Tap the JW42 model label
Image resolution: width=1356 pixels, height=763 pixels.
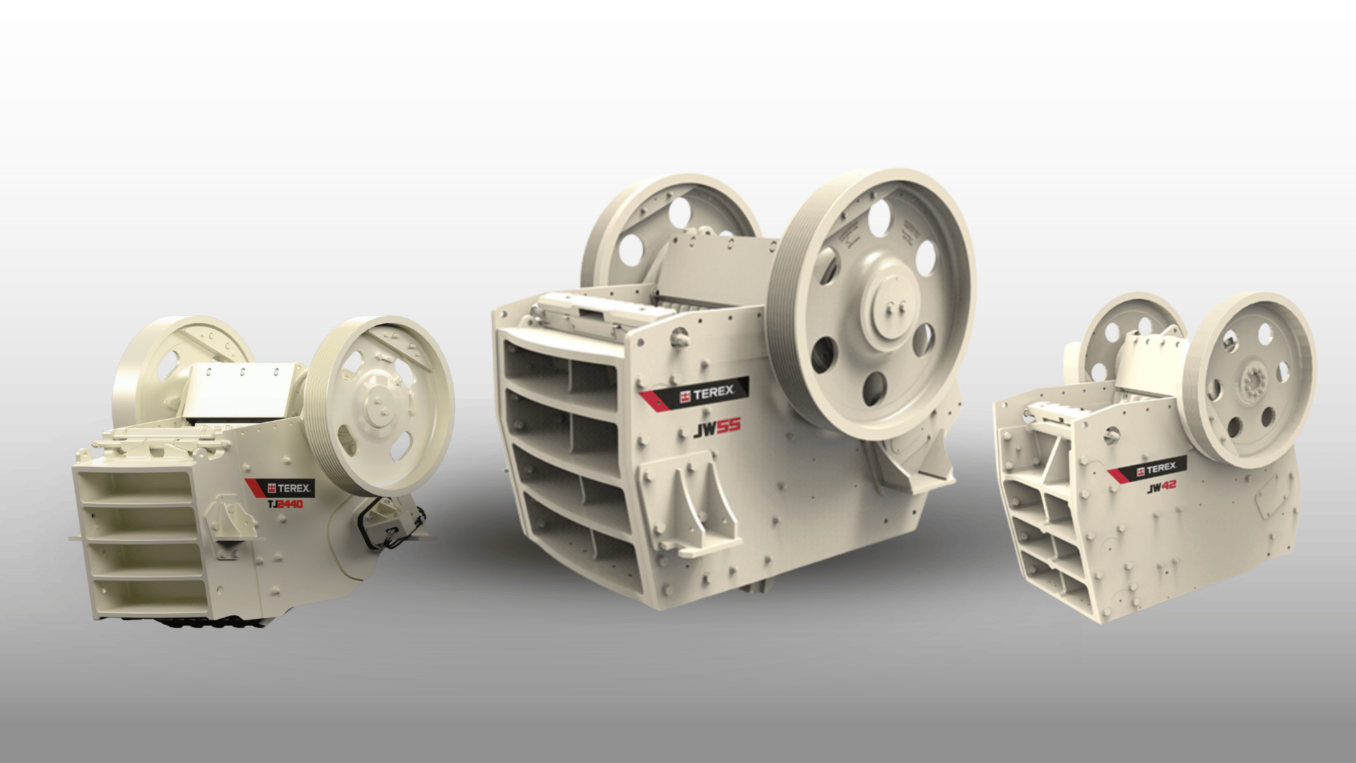(1161, 488)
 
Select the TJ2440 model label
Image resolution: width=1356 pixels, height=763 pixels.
(285, 504)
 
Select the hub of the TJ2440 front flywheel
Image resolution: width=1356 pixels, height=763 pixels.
(379, 405)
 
